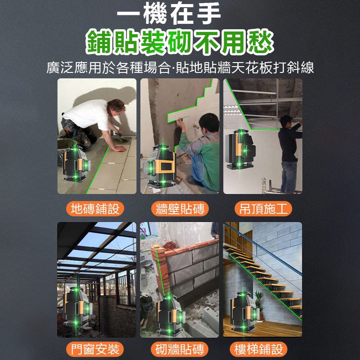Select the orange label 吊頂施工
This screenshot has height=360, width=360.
pyautogui.click(x=263, y=209)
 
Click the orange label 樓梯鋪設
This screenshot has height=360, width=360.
pyautogui.click(x=263, y=349)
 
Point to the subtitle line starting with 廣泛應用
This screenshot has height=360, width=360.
pyautogui.click(x=180, y=68)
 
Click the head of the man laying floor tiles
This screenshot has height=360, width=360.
pyautogui.click(x=116, y=108)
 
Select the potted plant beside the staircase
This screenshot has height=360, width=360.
pyautogui.click(x=260, y=298)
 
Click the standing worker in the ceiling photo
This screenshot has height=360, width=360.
pyautogui.click(x=288, y=151)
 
